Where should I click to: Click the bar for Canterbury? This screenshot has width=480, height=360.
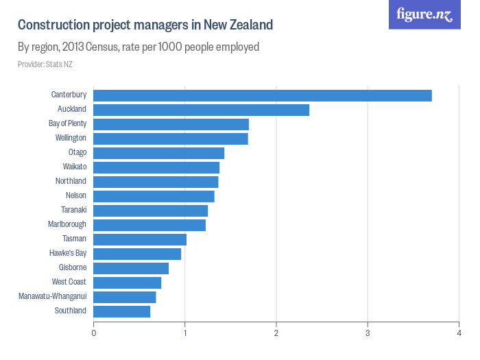(x=263, y=95)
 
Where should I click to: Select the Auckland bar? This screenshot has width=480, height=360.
(x=201, y=110)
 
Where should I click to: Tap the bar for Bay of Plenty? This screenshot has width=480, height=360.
(x=171, y=124)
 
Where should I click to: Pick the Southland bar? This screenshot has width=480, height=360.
(x=121, y=311)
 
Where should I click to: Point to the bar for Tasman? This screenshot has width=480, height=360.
(x=140, y=239)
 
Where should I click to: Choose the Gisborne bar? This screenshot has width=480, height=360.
(x=131, y=268)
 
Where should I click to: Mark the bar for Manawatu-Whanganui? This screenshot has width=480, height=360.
(x=125, y=297)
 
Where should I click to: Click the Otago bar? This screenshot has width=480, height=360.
(x=158, y=153)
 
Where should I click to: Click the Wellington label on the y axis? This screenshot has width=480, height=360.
(x=71, y=138)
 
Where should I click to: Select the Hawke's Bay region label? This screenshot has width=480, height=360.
(x=68, y=253)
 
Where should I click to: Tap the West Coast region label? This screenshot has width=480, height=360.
(x=69, y=282)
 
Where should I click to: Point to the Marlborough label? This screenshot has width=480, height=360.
(x=67, y=224)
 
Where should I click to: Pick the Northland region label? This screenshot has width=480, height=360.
(x=71, y=181)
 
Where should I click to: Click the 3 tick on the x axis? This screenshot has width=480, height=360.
(x=368, y=333)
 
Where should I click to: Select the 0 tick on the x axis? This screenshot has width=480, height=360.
(x=93, y=333)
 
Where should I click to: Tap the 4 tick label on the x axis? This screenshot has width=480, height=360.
(x=459, y=333)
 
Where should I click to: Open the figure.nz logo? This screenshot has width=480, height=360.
(x=424, y=14)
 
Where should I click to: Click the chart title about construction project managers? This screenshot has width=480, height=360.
(x=145, y=25)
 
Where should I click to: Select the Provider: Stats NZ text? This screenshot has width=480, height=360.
(x=45, y=64)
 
